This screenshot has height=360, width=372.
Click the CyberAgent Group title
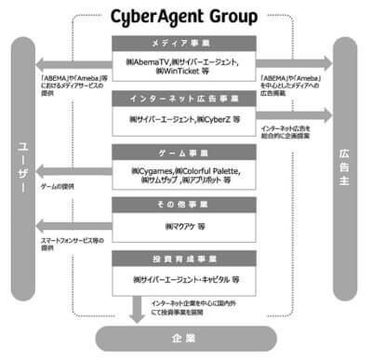[185, 17]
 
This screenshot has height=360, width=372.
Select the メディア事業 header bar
[185, 44]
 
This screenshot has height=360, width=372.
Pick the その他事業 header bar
[185, 202]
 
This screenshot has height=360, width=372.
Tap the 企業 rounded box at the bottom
[186, 337]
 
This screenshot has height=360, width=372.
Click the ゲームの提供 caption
[59, 186]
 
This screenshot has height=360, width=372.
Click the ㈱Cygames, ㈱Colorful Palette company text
[186, 175]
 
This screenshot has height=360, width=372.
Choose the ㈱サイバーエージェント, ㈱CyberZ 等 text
[186, 120]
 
